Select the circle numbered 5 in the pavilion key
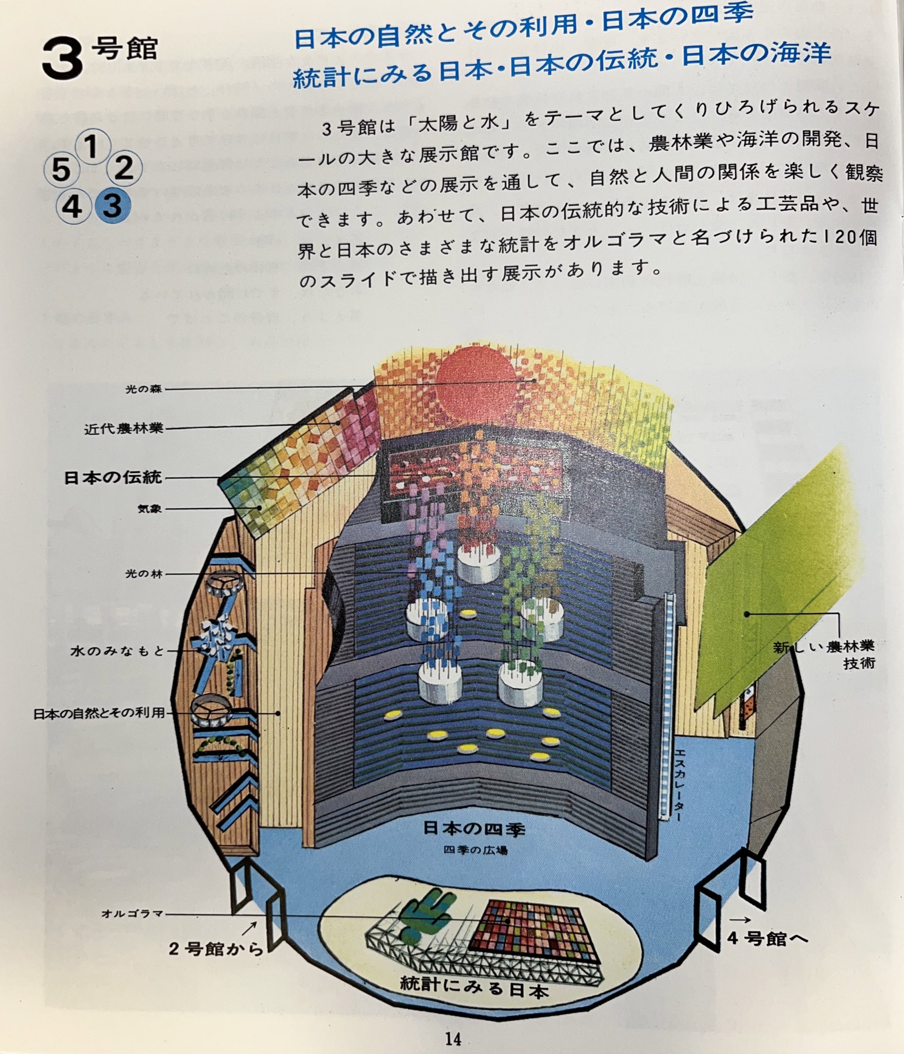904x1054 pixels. click(x=61, y=169)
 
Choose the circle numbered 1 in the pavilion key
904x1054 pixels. click(x=92, y=147)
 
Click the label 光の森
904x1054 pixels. click(x=144, y=389)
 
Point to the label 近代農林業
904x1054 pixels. click(x=123, y=428)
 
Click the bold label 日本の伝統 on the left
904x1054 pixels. click(x=113, y=477)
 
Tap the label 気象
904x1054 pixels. click(x=149, y=509)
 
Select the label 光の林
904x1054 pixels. click(x=144, y=573)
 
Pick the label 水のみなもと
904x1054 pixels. click(x=117, y=651)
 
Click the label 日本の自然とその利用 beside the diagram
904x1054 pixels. click(x=99, y=713)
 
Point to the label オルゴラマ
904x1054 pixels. click(x=132, y=913)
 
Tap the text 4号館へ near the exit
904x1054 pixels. click(x=767, y=938)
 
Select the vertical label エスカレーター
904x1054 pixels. click(x=679, y=782)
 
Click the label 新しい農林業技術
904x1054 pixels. click(x=823, y=654)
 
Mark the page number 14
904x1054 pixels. click(x=453, y=1039)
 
